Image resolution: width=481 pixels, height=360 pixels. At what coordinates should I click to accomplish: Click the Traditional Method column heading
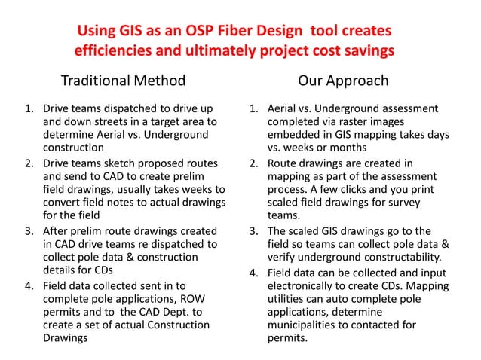pyautogui.click(x=122, y=81)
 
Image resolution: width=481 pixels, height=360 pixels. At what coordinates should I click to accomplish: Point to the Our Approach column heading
pyautogui.click(x=343, y=81)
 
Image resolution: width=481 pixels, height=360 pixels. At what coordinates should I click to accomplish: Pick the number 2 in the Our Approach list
pyautogui.click(x=255, y=163)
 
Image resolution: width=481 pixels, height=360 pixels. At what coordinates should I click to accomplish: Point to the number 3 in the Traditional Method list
pyautogui.click(x=31, y=230)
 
